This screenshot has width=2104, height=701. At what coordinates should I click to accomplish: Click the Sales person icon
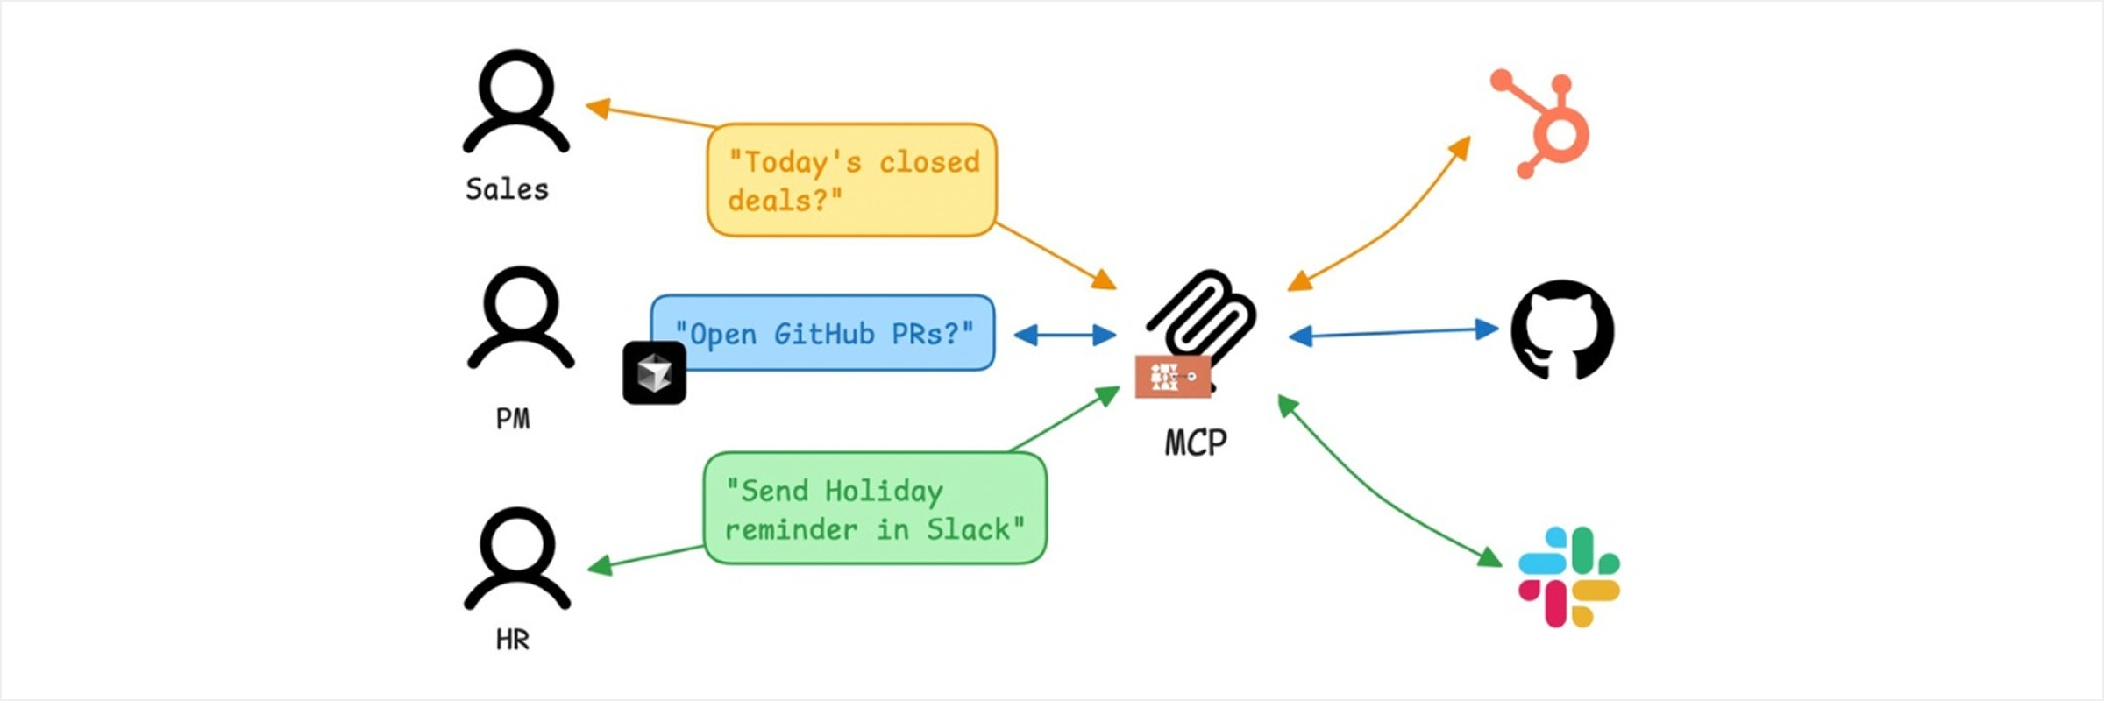point(516,101)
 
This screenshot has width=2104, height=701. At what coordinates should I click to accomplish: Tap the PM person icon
point(521,317)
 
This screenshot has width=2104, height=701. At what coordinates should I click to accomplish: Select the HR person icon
point(517,558)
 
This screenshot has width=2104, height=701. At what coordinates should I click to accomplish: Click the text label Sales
point(507,189)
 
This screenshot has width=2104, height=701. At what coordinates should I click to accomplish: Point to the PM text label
point(513,419)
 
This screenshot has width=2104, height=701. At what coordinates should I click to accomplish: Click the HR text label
point(513,641)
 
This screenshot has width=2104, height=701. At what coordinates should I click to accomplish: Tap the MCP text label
point(1196,443)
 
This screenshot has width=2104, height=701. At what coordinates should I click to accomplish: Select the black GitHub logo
point(1562,330)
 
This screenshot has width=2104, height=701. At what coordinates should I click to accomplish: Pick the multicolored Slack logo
point(1569,577)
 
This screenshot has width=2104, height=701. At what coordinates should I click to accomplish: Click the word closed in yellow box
point(929,162)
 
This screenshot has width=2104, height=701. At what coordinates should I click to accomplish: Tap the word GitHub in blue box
point(824,334)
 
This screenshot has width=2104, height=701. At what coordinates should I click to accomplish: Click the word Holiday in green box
point(884,491)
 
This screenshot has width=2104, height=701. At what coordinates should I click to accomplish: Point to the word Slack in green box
point(973,529)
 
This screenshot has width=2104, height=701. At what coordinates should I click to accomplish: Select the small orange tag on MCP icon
point(1173,377)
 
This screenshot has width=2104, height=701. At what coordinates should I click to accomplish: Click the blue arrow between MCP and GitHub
point(1394,332)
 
